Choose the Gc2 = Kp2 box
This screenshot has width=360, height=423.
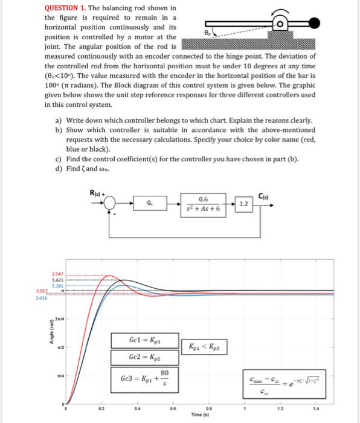pos(144,357)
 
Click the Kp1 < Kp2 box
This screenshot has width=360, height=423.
pos(206,348)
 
